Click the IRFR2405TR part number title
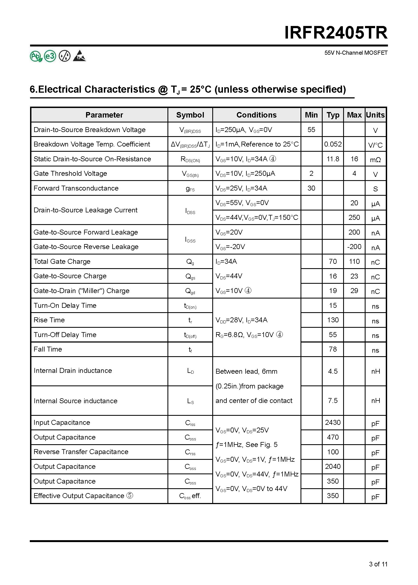[x=336, y=33]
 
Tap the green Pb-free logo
[x=36, y=56]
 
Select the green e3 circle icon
[x=50, y=56]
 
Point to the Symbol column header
[x=190, y=115]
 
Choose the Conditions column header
[x=257, y=115]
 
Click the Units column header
[x=375, y=115]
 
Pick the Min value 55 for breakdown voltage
[x=311, y=130]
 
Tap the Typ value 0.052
[x=333, y=144]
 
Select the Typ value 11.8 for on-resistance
[x=333, y=159]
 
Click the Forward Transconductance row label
[x=76, y=188]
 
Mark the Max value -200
[x=354, y=247]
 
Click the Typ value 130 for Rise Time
[x=333, y=320]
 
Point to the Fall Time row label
[x=48, y=349]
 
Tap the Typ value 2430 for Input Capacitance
[x=333, y=422]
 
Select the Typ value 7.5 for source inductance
[x=333, y=400]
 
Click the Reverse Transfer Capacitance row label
[x=81, y=452]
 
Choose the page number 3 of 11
[x=378, y=564]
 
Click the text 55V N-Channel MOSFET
[x=356, y=53]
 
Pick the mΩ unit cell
[x=375, y=160]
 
